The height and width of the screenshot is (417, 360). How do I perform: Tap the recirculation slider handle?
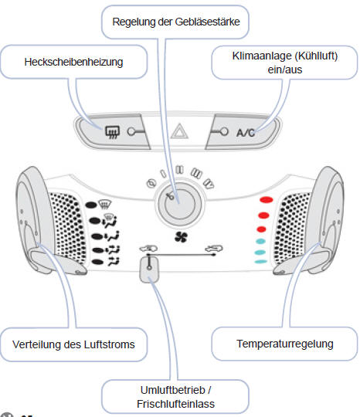tap(150, 267)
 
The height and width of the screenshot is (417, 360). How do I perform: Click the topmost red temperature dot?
tap(266, 201)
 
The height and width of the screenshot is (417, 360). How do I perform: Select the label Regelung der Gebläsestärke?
tap(175, 22)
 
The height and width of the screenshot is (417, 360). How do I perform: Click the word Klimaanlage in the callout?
tap(258, 56)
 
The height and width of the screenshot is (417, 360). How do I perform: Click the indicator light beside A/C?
tap(224, 131)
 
